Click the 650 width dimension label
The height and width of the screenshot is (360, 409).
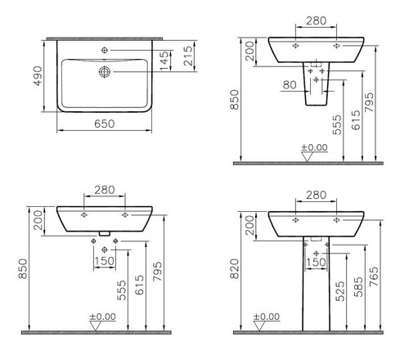[105, 124]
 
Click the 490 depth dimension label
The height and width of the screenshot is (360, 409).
[38, 76]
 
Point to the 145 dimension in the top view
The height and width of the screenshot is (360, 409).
[164, 61]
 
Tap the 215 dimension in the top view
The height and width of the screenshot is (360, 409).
[188, 56]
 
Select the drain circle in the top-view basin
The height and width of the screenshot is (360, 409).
[105, 72]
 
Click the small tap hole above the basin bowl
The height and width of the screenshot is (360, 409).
[105, 50]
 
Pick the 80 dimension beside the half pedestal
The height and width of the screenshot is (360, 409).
[290, 85]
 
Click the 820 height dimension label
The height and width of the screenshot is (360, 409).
[235, 268]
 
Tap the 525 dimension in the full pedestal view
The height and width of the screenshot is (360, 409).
[340, 291]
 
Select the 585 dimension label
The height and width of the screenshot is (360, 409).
[358, 287]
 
